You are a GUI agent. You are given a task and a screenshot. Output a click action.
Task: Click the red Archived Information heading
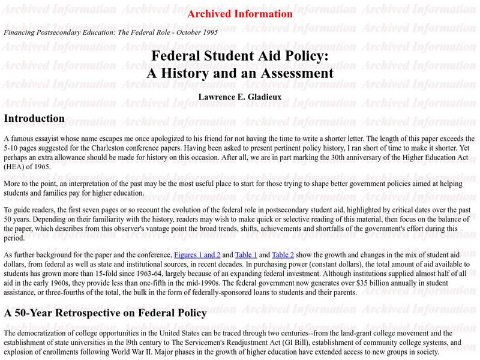[240, 14]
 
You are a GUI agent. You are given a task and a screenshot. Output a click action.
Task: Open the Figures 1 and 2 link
[197, 255]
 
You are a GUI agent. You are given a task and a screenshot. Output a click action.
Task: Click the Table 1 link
[246, 255]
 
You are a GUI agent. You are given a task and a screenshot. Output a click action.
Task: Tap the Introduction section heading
[34, 119]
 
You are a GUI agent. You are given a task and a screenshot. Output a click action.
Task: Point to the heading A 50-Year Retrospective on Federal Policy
[105, 313]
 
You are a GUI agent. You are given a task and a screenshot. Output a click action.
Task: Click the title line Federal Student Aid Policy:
[240, 56]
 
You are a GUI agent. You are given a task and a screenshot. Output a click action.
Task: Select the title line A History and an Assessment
[240, 73]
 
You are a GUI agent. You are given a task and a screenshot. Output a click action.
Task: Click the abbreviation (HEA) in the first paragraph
[15, 167]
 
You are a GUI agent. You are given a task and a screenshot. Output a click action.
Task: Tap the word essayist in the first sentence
[46, 138]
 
